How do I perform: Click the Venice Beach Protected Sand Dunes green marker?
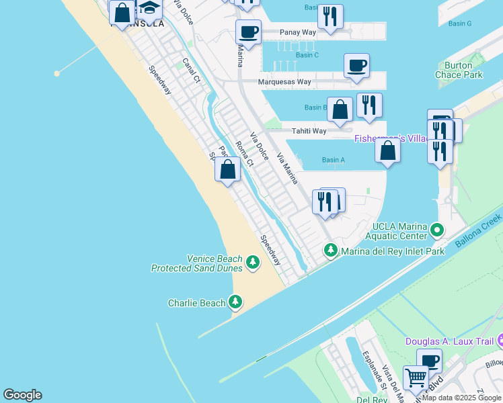[x=253, y=262]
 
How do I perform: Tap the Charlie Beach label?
[x=196, y=303]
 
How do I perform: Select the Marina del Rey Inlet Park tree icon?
[x=330, y=251]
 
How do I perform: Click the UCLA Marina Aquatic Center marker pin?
[x=437, y=231]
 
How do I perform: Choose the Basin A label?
[x=333, y=160]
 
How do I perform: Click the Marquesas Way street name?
[x=285, y=82]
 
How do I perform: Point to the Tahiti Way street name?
[x=308, y=131]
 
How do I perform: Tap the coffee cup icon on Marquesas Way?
[x=356, y=66]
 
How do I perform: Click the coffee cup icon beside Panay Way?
[x=248, y=32]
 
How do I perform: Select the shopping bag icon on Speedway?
[x=228, y=169]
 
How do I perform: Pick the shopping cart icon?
[x=415, y=378]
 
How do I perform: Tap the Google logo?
[x=22, y=395]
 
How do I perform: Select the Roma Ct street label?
[x=245, y=154]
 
